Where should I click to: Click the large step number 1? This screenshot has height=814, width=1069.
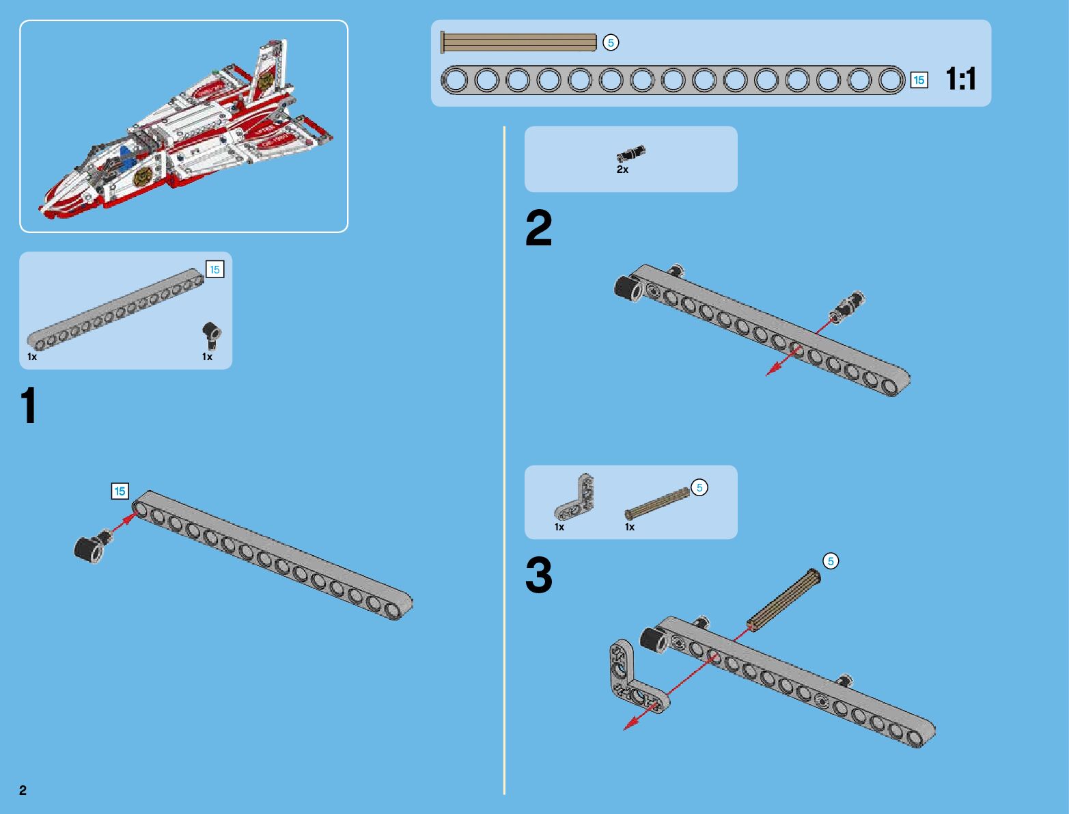click(x=28, y=406)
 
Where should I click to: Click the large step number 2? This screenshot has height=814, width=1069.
click(x=538, y=228)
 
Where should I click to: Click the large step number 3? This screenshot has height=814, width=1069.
click(x=538, y=575)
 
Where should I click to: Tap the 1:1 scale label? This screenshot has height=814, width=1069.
click(x=960, y=79)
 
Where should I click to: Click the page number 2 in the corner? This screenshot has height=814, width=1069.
click(x=23, y=790)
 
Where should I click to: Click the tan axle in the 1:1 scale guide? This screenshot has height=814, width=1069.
click(x=519, y=42)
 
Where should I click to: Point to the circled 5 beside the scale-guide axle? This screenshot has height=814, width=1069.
click(x=611, y=42)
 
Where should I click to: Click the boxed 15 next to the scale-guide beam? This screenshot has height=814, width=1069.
click(x=919, y=80)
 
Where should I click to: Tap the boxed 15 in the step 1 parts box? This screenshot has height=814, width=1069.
click(x=214, y=270)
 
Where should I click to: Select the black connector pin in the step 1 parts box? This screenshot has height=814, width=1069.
click(x=211, y=335)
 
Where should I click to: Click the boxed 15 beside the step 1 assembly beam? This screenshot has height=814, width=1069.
click(x=120, y=491)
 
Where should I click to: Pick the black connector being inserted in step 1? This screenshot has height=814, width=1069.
click(x=91, y=547)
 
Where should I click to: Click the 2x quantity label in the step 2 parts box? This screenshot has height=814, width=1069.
click(x=622, y=169)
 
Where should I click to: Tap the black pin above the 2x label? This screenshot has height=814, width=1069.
click(x=630, y=154)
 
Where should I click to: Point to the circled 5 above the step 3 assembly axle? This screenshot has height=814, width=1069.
click(x=831, y=561)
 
